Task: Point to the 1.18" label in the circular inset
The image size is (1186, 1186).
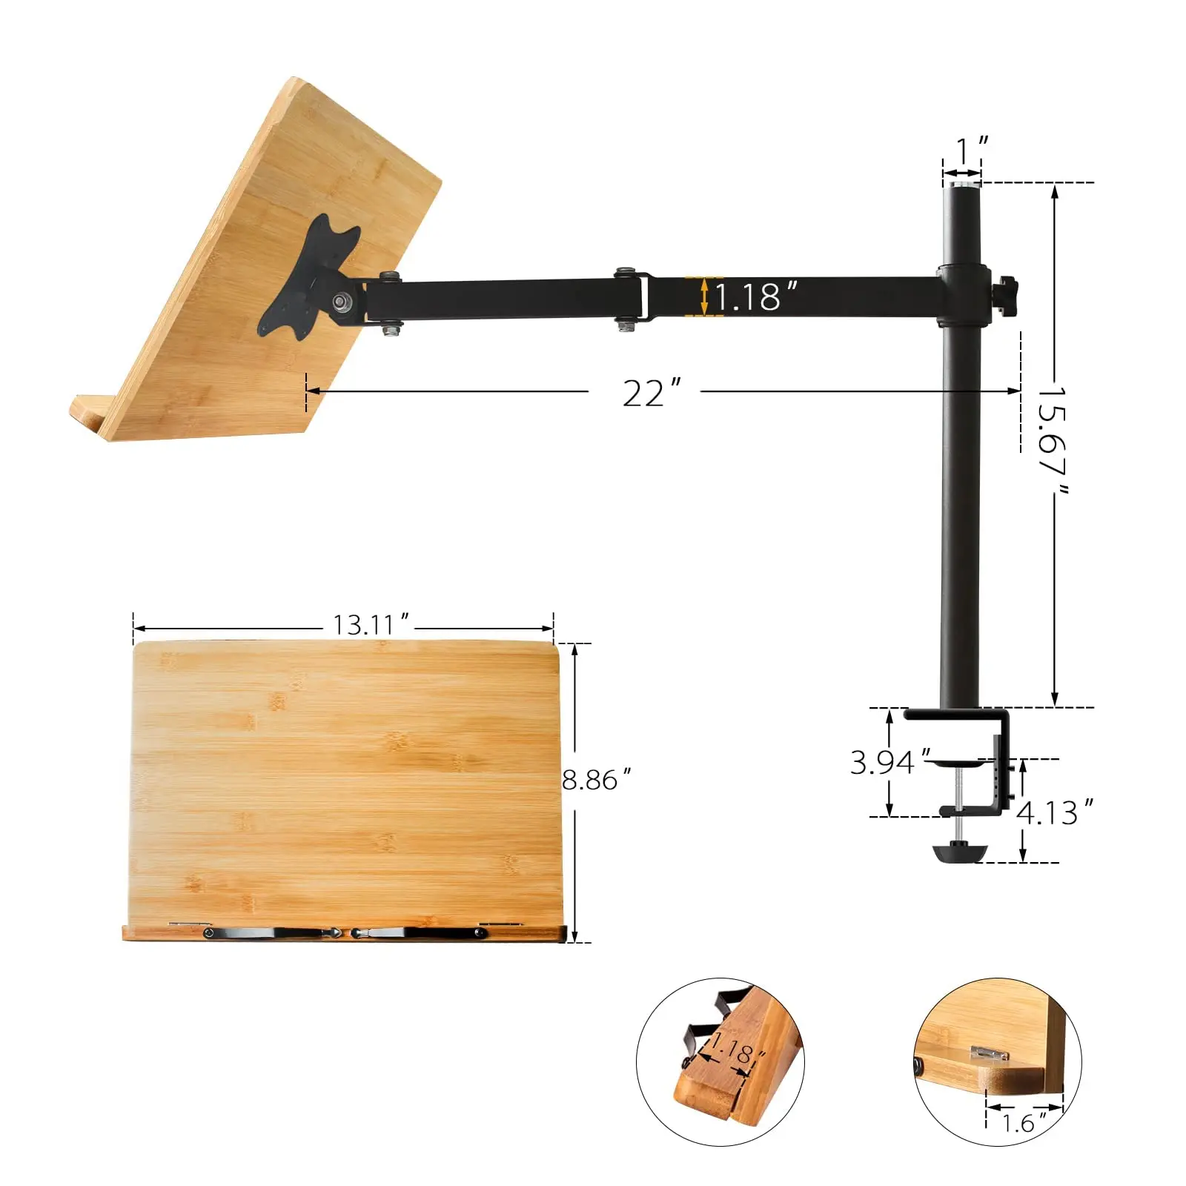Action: pyautogui.click(x=733, y=1052)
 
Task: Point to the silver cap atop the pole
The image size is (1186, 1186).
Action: pyautogui.click(x=961, y=181)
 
